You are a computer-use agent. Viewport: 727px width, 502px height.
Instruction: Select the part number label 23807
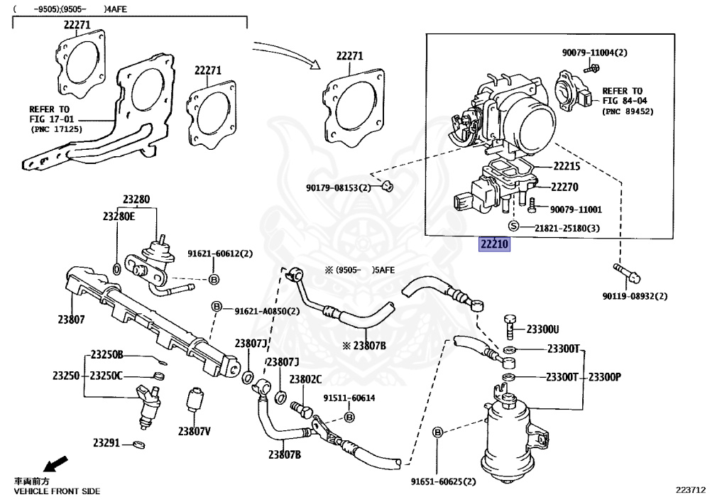click(72, 320)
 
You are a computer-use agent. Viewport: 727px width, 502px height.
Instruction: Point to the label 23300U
click(542, 329)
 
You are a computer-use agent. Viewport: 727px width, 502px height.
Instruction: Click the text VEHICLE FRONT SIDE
click(57, 491)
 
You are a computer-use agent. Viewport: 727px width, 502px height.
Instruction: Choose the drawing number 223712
click(690, 489)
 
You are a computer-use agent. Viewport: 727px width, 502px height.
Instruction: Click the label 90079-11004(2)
click(595, 53)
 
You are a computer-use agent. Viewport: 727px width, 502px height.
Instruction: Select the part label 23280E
click(118, 216)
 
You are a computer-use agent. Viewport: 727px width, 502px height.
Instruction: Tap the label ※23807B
click(363, 346)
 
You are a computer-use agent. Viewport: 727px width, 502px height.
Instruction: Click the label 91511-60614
click(349, 398)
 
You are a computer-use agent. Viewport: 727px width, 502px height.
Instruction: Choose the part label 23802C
click(305, 379)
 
